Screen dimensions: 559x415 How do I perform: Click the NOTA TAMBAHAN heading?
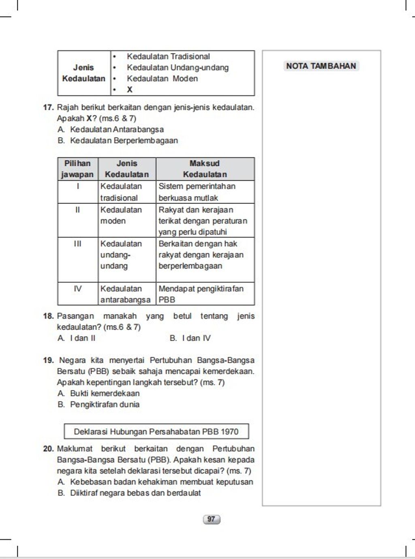coord(321,66)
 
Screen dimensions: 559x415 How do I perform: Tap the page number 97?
coord(211,519)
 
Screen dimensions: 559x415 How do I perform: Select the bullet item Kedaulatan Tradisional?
coord(168,56)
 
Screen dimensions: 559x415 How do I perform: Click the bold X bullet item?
coord(129,90)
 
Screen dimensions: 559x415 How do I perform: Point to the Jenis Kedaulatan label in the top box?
coord(83,73)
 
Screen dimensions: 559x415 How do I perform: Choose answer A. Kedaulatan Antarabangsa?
coord(116,130)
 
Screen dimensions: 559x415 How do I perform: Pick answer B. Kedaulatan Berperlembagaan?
coord(124,141)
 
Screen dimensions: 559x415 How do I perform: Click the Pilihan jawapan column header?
coord(77,169)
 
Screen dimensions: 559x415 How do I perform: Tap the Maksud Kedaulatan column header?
coord(205,169)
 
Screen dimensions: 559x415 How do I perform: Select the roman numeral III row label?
coord(77,244)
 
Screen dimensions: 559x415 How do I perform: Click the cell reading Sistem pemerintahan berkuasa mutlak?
coord(197,192)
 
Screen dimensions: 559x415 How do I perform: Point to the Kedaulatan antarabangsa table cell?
coord(126,294)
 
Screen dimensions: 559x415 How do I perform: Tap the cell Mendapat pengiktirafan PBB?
coord(201,294)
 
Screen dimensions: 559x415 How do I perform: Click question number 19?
coord(48,360)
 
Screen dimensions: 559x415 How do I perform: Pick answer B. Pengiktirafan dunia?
coord(105,405)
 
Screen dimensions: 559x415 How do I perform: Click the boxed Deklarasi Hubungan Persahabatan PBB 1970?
coord(156,431)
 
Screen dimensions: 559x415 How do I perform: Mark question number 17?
coord(48,108)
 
